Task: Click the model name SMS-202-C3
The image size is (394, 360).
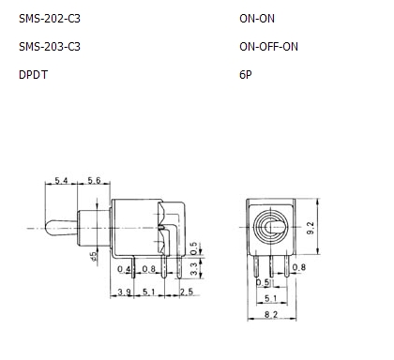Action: [50, 19]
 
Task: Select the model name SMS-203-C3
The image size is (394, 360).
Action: [50, 47]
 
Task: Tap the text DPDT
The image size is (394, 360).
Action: [33, 75]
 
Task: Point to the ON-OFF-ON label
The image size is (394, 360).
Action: [268, 47]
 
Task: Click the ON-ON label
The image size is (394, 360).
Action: [257, 19]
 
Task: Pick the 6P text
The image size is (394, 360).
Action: [246, 75]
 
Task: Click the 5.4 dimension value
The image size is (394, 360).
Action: [61, 180]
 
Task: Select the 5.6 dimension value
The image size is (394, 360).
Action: [94, 180]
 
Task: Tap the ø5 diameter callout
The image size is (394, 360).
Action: [94, 256]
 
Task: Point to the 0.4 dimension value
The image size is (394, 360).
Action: [124, 269]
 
